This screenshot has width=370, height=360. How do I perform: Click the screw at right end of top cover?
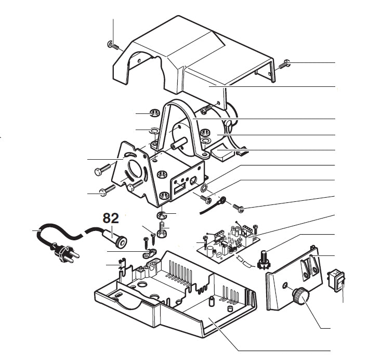[284, 65]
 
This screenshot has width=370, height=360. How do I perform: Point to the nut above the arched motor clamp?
[154, 112]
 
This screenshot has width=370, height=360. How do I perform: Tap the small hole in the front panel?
[285, 286]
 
